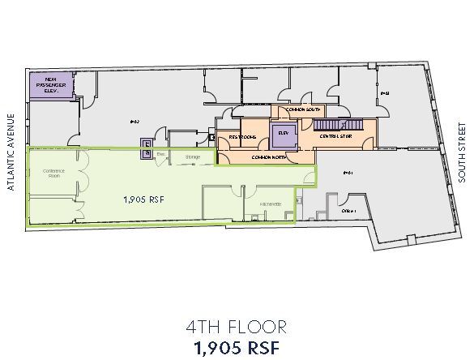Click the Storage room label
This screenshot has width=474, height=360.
pos(191,156)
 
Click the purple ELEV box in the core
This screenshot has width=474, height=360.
pos(284,135)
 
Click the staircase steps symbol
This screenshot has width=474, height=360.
pos(334,125)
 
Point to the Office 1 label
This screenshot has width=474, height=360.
pos(349,209)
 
